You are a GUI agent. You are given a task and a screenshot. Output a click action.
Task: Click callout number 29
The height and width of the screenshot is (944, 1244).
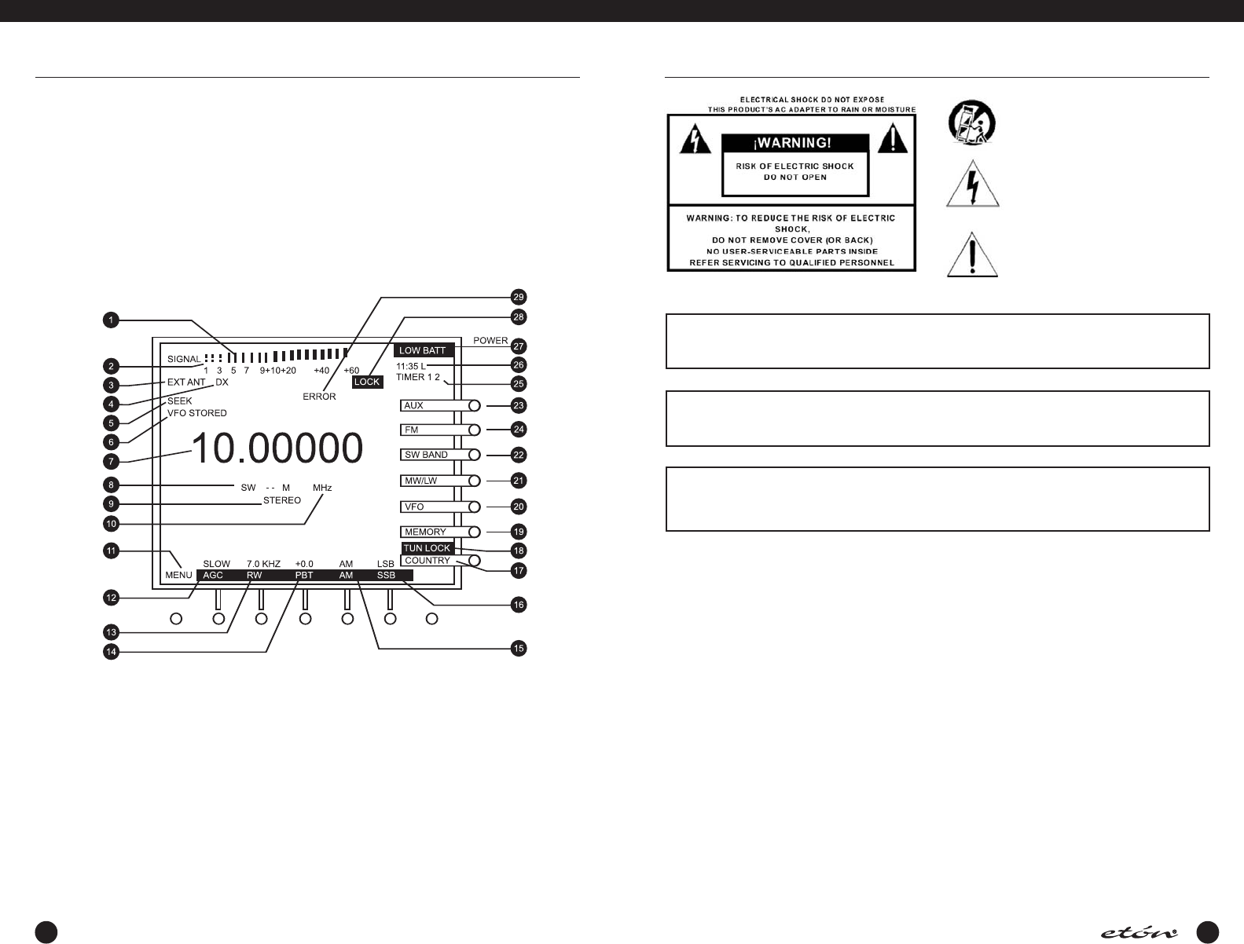pos(518,297)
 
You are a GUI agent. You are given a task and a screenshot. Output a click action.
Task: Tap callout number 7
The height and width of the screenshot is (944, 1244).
pos(112,462)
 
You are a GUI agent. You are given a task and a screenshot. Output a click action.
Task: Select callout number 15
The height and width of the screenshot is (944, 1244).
pos(518,649)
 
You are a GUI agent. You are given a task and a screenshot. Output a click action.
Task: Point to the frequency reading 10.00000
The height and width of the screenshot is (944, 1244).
pos(277,448)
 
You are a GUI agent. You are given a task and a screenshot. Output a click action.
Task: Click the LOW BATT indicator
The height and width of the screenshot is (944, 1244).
pos(422,350)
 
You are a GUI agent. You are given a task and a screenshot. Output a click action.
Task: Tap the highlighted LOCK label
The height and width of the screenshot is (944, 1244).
pos(367,382)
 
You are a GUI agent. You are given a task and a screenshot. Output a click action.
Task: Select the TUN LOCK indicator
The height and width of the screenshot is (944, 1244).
pos(427,548)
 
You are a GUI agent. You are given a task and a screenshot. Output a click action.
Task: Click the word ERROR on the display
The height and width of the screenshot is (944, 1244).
pos(319,397)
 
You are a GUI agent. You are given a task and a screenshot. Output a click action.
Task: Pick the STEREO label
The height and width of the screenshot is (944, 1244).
pos(282,500)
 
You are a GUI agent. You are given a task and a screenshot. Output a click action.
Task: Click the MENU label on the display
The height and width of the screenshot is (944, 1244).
pos(178,575)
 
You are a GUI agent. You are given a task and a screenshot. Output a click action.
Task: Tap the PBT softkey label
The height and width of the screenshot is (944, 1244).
pos(304,575)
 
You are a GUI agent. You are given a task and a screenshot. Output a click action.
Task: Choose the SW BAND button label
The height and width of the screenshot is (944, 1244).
pos(426,455)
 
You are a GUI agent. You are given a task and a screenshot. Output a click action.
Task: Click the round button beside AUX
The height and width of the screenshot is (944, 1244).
pos(474,405)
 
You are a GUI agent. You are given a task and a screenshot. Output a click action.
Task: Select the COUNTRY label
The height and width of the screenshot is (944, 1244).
pos(427,561)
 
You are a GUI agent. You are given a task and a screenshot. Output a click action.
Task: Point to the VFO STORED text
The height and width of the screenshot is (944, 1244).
pos(197,413)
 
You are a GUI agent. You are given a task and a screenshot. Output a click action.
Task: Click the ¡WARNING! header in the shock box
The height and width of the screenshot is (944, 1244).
pos(795,144)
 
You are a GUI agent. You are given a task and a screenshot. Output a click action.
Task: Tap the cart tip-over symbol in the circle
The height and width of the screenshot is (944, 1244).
pos(971,124)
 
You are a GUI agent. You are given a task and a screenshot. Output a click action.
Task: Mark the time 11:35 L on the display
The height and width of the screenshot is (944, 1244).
pos(411,366)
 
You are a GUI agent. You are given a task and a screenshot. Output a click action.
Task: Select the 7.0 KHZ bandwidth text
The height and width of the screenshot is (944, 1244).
pos(263,564)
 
